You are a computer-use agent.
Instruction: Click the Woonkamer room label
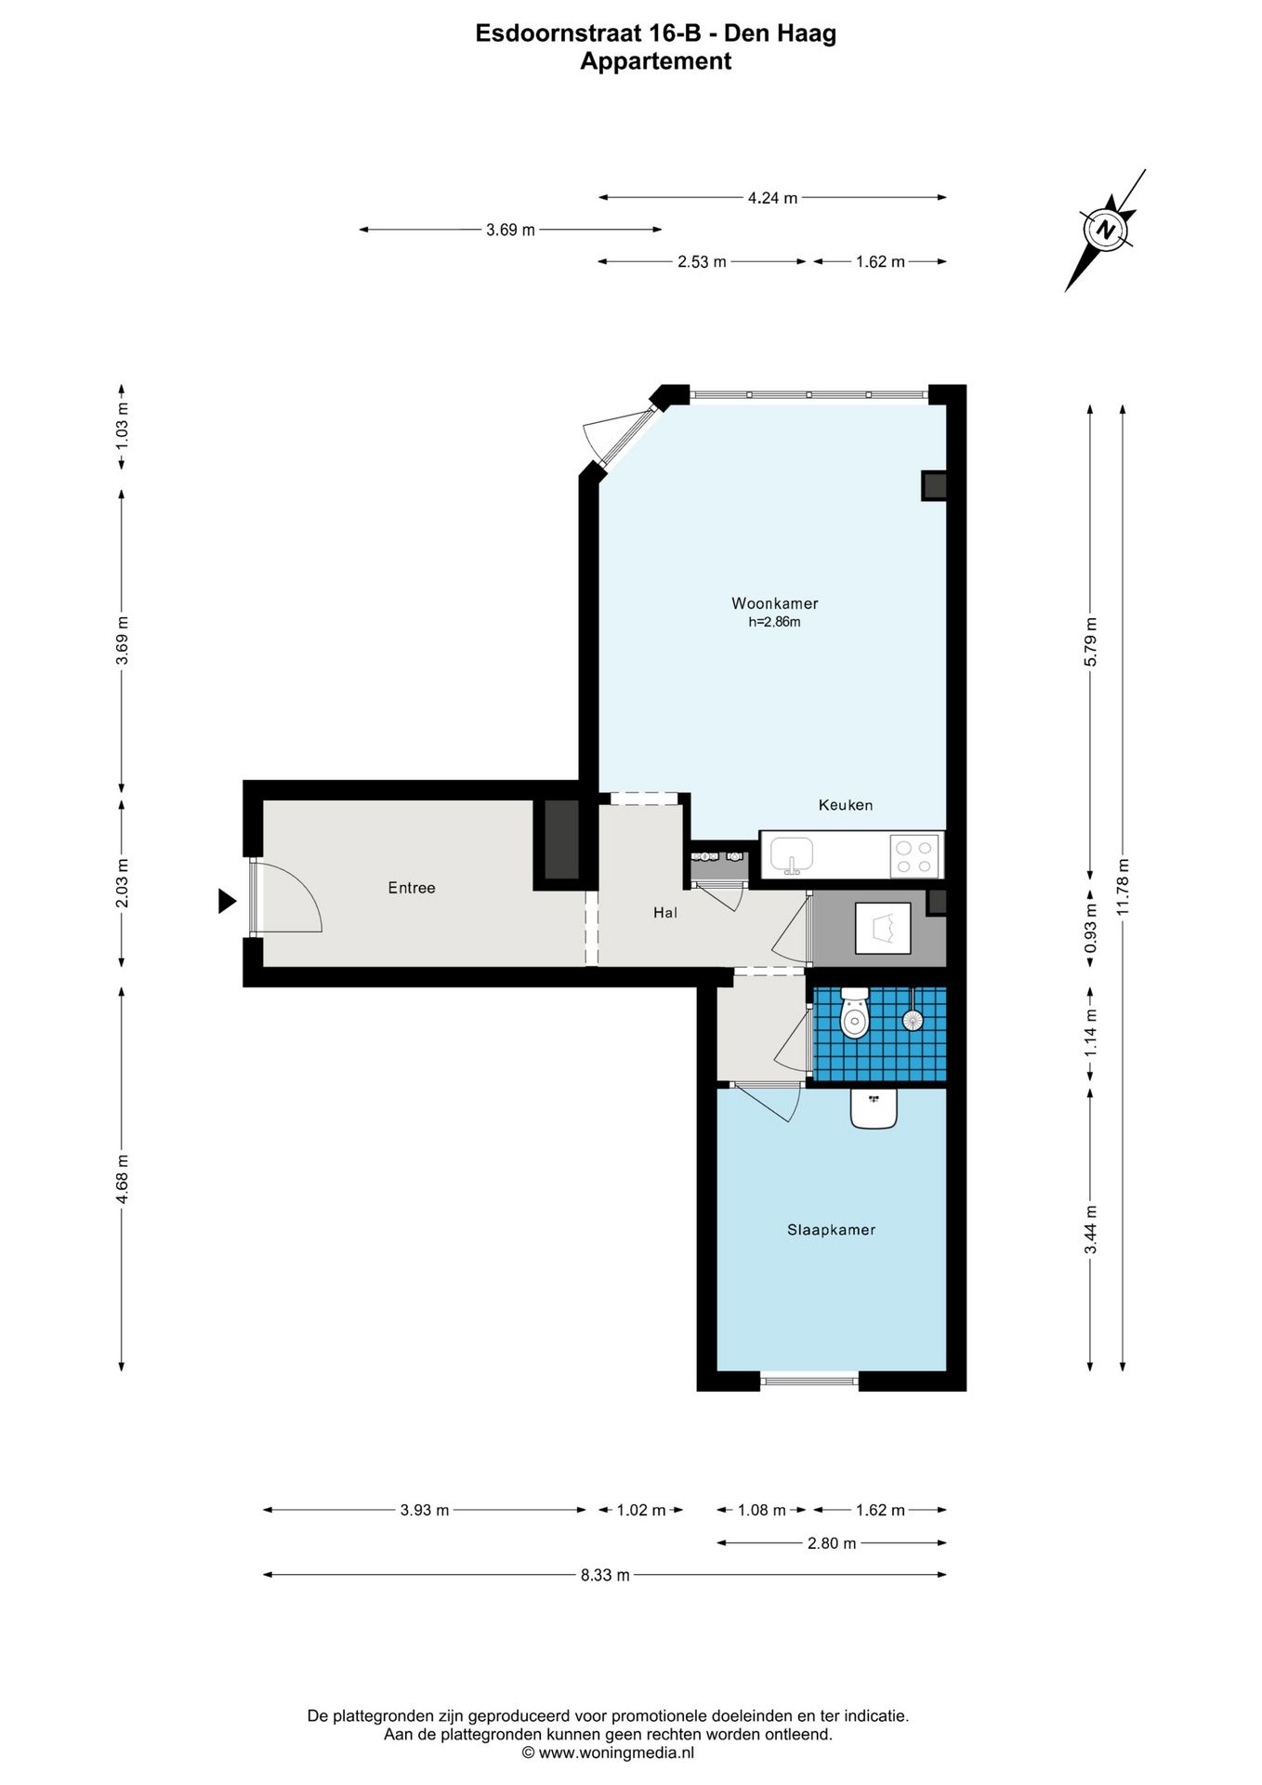tap(774, 603)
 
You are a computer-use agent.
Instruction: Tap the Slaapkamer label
tap(831, 1230)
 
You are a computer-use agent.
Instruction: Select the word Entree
tap(412, 888)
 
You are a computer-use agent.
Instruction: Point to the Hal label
tap(665, 913)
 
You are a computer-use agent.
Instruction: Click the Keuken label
tap(846, 805)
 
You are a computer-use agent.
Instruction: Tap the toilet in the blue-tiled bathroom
tap(854, 1012)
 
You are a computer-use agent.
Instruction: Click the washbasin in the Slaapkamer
tap(874, 1108)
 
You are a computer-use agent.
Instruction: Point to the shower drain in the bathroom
tap(914, 1019)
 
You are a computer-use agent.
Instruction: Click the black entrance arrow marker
tap(227, 901)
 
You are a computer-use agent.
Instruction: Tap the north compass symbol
tap(1105, 230)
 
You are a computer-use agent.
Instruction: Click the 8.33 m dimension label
tap(605, 1575)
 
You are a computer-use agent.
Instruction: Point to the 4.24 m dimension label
tap(772, 198)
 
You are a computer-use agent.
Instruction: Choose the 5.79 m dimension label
tap(1091, 641)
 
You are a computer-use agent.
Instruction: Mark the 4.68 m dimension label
tap(122, 1179)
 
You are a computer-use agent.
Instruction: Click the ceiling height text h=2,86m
tap(774, 622)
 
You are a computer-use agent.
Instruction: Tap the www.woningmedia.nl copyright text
tap(608, 1752)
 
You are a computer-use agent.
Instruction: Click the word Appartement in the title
tap(656, 61)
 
